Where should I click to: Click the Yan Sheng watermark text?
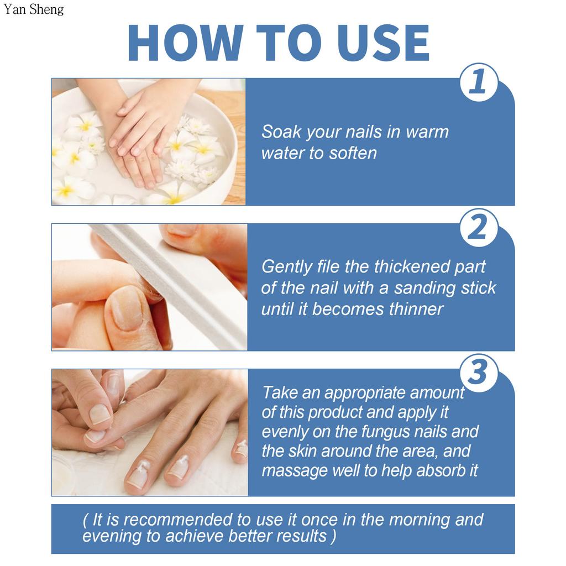pyautogui.click(x=33, y=9)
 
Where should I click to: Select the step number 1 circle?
pyautogui.click(x=478, y=82)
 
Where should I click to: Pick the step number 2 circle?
pyautogui.click(x=478, y=228)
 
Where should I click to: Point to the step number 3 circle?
pyautogui.click(x=478, y=373)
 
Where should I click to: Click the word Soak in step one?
pyautogui.click(x=281, y=132)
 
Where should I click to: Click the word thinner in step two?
pyautogui.click(x=416, y=308)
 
